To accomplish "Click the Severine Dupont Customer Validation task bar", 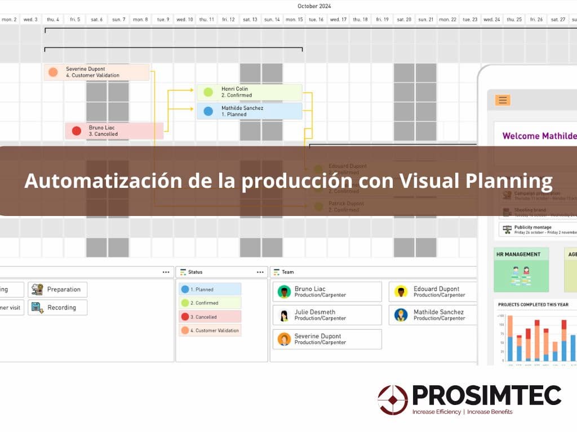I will [x=96, y=72].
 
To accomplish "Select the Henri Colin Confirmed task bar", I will [x=249, y=92].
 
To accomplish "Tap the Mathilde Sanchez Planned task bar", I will [x=249, y=111].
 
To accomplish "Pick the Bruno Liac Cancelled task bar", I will [x=114, y=131].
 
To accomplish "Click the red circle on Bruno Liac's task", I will [x=77, y=131].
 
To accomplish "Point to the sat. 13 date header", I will [x=250, y=19].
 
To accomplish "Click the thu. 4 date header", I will [x=53, y=19].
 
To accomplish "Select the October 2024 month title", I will [x=314, y=6].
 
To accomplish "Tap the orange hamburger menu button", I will [x=503, y=100].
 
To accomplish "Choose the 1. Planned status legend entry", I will [x=210, y=289].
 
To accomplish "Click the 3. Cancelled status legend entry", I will [x=210, y=317].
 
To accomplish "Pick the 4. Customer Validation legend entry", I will [x=210, y=330].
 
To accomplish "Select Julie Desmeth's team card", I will [x=327, y=315].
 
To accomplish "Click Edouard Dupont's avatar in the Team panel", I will [x=401, y=291].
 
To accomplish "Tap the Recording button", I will [x=59, y=308].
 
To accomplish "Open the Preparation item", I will [x=58, y=290].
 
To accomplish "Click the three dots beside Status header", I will [x=260, y=272].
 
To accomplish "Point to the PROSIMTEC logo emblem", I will [x=393, y=400].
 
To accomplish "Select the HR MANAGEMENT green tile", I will [x=521, y=269].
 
